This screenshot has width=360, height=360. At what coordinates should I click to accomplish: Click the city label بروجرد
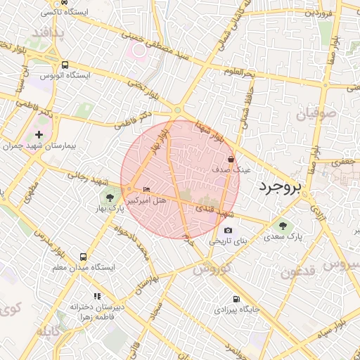(279, 186)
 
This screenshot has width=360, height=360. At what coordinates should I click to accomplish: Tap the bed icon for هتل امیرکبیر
(146, 190)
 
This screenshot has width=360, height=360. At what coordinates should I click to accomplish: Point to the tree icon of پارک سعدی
(283, 226)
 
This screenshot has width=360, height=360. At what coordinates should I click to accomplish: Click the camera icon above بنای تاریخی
(228, 230)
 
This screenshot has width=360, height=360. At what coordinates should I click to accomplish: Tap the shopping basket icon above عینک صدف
(231, 159)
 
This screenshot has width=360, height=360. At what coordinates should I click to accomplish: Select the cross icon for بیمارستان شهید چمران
(39, 134)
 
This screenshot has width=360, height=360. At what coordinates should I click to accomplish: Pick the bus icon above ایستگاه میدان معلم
(84, 257)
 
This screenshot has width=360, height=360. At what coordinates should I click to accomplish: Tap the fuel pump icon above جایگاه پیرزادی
(235, 298)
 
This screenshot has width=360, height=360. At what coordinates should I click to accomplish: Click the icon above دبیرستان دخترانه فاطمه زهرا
(97, 297)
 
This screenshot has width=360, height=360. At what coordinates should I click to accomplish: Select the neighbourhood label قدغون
(301, 272)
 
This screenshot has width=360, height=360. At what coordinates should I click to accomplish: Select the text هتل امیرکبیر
(146, 200)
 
